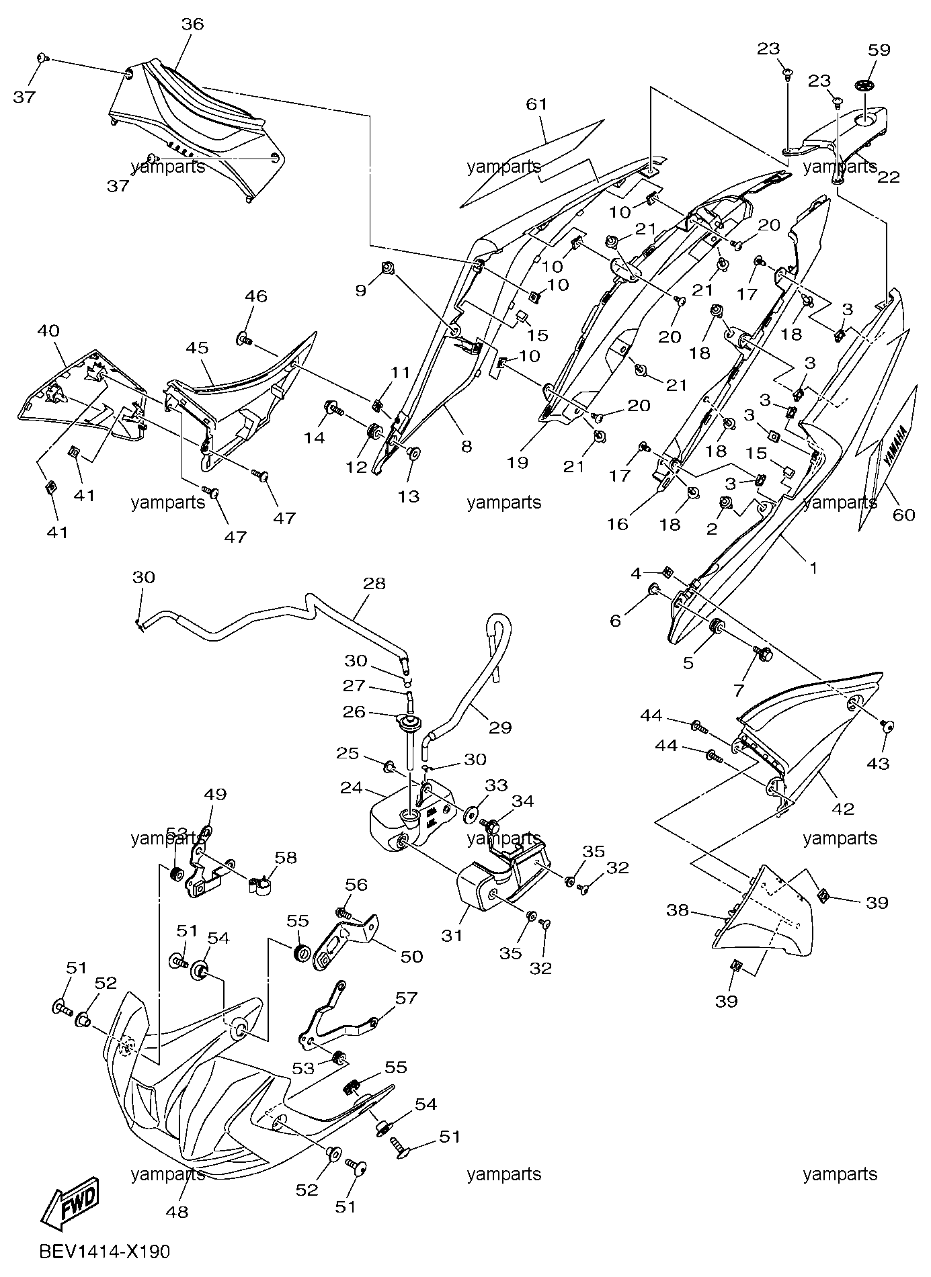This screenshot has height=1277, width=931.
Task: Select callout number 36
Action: point(192,24)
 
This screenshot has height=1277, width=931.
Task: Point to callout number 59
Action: point(879,50)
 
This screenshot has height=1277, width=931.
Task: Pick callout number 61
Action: point(537,104)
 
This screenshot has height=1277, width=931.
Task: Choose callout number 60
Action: point(904,515)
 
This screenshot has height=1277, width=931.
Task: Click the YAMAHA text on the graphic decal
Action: point(895,447)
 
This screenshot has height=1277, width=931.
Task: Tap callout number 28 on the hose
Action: point(374,583)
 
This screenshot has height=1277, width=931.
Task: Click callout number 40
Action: point(48,331)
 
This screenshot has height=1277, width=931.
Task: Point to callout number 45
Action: point(197,348)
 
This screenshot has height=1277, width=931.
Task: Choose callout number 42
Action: point(843,809)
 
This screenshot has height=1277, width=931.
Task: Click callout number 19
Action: point(518,462)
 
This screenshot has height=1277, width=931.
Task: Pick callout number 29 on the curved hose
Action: point(500,727)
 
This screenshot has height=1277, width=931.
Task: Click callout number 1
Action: point(813,568)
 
